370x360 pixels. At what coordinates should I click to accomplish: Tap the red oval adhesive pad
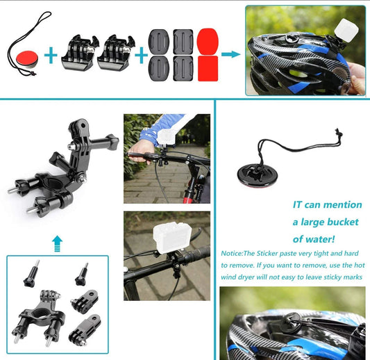pyautogui.click(x=208, y=41)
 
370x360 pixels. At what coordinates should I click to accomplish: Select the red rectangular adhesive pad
pyautogui.click(x=208, y=69)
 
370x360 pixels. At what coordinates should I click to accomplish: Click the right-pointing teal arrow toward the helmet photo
pyautogui.click(x=230, y=54)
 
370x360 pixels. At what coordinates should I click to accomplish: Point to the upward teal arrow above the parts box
pyautogui.click(x=57, y=244)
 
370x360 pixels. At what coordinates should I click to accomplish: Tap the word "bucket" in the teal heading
pyautogui.click(x=343, y=222)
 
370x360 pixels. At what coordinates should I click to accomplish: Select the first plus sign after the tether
pyautogui.click(x=51, y=56)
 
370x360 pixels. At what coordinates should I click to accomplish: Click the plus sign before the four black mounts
pyautogui.click(x=141, y=56)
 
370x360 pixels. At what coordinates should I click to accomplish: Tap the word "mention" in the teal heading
pyautogui.click(x=345, y=204)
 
